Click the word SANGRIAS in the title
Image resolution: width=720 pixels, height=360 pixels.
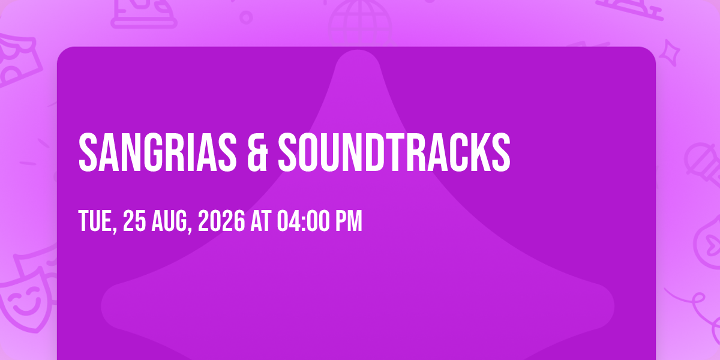tap(157, 152)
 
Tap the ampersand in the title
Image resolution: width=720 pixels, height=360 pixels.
tap(257, 152)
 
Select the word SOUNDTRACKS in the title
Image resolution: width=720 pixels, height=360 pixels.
tap(394, 152)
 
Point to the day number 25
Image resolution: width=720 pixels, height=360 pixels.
tap(134, 221)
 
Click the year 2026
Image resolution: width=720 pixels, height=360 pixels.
tap(221, 221)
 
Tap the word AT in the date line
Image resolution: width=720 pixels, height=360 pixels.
tap(261, 221)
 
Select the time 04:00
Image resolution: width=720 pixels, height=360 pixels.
tap(304, 221)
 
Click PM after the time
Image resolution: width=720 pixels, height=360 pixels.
tap(349, 221)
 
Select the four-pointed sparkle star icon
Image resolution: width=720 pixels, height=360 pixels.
tap(670, 53)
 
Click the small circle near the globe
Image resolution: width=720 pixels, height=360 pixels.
tap(246, 17)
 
